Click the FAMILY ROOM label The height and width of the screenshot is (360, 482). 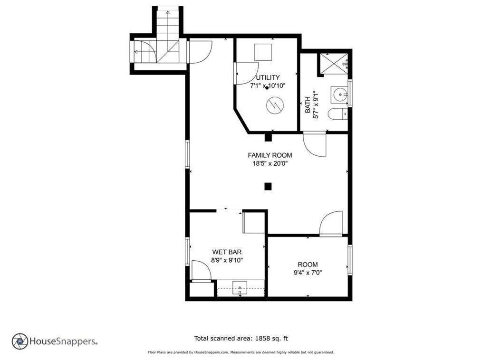coord(270,155)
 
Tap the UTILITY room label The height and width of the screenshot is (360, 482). coord(268,77)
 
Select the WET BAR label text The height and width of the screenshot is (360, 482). coord(227,252)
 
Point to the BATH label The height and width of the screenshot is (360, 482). coord(308,105)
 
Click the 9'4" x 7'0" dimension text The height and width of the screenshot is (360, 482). coord(308,273)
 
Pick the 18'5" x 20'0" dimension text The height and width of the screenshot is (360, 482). coord(270,164)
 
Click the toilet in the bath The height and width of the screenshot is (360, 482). coord(337,114)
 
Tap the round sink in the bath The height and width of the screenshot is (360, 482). coord(339,95)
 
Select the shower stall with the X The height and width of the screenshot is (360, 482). coord(334,64)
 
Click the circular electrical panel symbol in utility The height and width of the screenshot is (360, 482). coord(275,105)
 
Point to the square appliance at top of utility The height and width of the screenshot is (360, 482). coord(263,53)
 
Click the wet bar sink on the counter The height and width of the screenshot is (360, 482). coord(240,288)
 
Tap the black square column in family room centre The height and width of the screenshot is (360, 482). coord(268,187)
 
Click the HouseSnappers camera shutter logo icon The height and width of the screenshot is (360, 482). coord(20,341)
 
